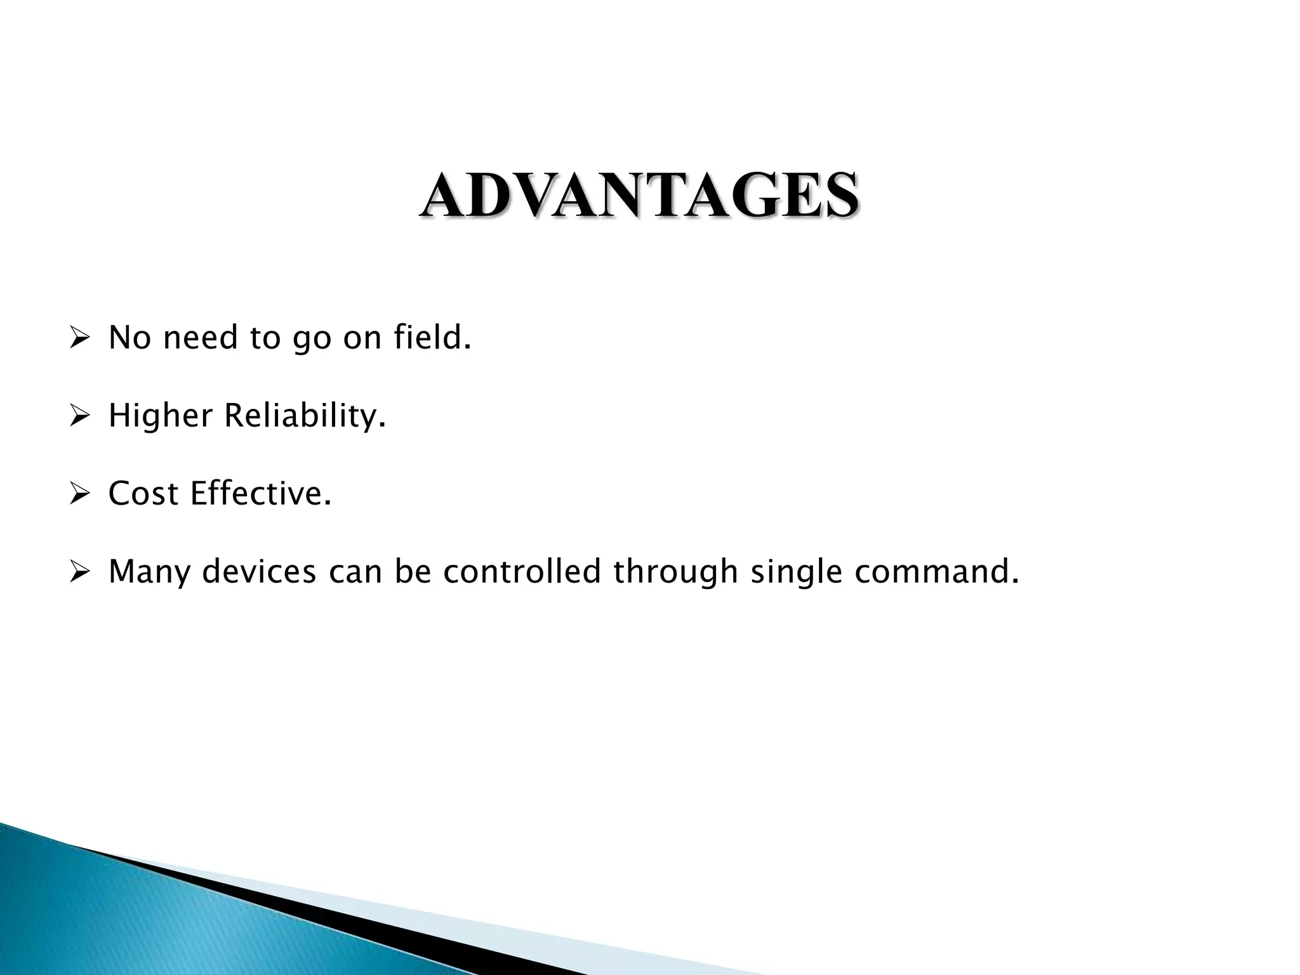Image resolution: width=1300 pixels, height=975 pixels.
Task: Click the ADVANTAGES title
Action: pos(639,196)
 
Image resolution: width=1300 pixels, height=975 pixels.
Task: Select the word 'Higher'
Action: pos(160,416)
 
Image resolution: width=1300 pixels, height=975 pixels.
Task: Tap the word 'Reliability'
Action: pos(303,416)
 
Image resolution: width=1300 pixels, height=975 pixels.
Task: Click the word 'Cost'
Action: pos(143,494)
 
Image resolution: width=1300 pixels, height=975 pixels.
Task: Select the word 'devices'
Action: pos(259,572)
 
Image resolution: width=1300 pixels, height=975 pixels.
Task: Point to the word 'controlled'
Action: pos(522,572)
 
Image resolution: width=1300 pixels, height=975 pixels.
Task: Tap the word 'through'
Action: pos(675,572)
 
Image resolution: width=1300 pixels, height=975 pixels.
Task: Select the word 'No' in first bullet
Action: pos(129,337)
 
